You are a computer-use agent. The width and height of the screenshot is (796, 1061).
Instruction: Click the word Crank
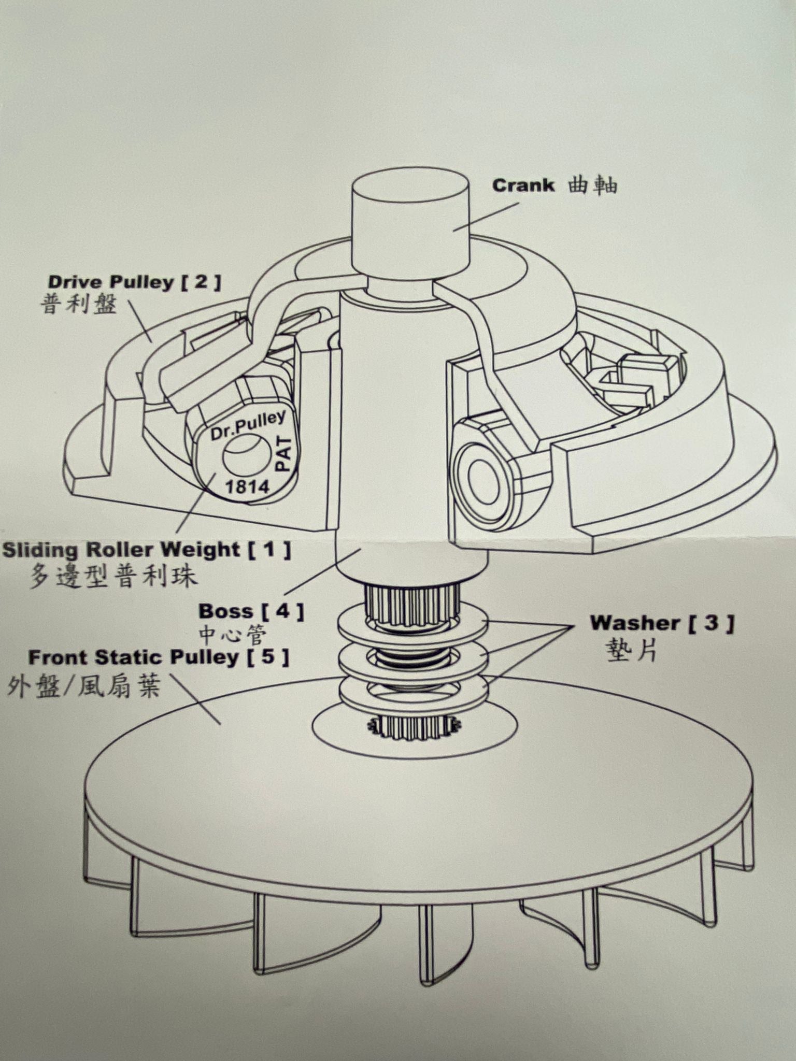pyautogui.click(x=523, y=185)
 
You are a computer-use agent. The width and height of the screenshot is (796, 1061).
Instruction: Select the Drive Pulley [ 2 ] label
pyautogui.click(x=134, y=282)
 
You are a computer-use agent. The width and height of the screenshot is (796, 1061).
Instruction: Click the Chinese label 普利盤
pyautogui.click(x=79, y=305)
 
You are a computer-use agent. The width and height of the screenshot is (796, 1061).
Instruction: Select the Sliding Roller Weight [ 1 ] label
pyautogui.click(x=146, y=550)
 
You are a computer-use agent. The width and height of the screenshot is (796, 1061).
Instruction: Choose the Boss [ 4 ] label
pyautogui.click(x=251, y=611)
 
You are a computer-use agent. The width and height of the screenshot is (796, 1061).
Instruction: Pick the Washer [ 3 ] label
pyautogui.click(x=661, y=623)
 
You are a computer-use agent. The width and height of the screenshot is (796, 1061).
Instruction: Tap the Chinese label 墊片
pyautogui.click(x=631, y=649)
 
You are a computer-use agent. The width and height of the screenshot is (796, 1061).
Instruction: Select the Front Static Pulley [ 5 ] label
pyautogui.click(x=158, y=657)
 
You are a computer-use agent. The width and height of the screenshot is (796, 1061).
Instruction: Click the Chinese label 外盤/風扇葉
pyautogui.click(x=83, y=686)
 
